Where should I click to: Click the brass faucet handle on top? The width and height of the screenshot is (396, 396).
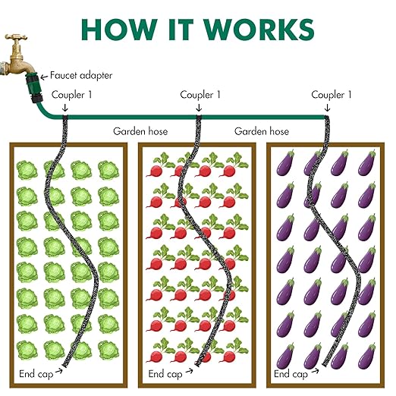[x=16, y=37]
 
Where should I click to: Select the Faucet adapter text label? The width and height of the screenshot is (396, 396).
[x=81, y=75]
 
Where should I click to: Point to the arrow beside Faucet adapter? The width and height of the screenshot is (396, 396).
[x=44, y=77]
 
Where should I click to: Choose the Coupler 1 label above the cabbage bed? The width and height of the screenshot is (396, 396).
[x=71, y=95]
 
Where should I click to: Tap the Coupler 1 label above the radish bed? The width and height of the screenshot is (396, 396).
[x=200, y=95]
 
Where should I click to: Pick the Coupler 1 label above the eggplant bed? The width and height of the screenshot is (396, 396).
[x=332, y=95]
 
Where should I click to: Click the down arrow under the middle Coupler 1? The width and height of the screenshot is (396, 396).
[x=199, y=108]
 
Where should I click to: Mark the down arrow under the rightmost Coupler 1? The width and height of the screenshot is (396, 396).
[x=327, y=108]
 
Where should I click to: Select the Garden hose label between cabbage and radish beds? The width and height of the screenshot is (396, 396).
[x=140, y=131]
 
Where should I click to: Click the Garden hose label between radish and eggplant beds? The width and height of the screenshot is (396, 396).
[x=262, y=131]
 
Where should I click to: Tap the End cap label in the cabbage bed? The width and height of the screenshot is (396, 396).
[x=36, y=374]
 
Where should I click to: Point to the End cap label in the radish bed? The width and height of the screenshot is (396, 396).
[x=165, y=374]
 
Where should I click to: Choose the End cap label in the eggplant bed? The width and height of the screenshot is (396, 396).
[x=291, y=374]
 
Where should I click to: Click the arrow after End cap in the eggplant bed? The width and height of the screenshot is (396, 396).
[x=315, y=371]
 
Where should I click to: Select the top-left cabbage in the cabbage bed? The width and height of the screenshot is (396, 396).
[x=27, y=170]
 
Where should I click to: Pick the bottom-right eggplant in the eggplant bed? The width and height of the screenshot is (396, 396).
[x=366, y=356]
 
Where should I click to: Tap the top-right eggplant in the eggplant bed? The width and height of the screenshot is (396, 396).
[x=366, y=163]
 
